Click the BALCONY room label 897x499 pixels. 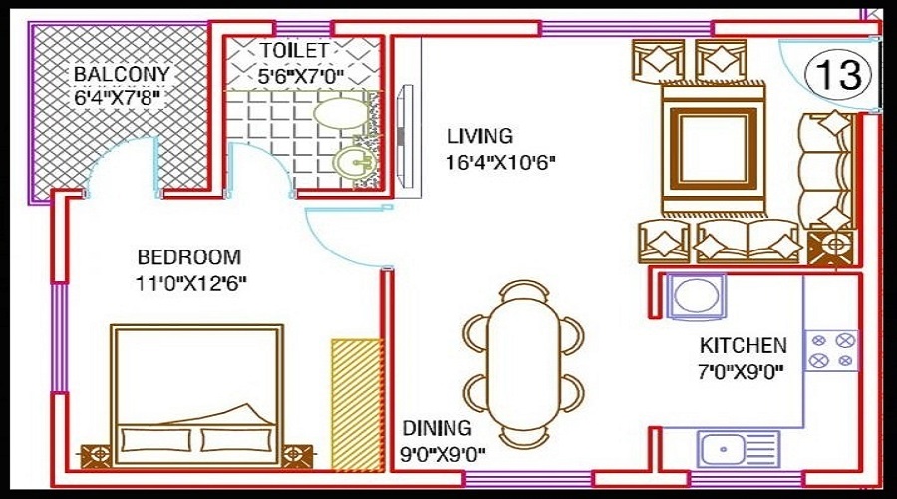[x=121, y=75]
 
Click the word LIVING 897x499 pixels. [x=479, y=136]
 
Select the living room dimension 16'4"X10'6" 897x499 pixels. [x=500, y=160]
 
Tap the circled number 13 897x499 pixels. [x=838, y=74]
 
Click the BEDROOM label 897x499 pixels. [x=189, y=255]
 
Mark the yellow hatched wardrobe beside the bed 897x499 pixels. [x=356, y=403]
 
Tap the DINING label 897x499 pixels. [x=437, y=429]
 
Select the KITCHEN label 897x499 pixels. [x=743, y=346]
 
